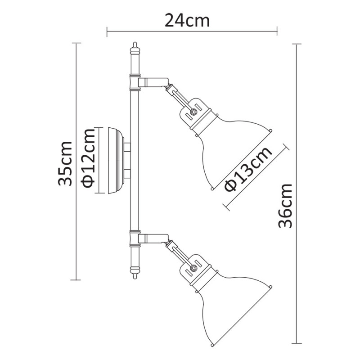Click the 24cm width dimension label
click(x=187, y=20)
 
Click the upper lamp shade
click(x=229, y=148)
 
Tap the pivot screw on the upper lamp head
click(x=193, y=111)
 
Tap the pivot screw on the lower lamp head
click(x=193, y=267)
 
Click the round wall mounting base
click(x=115, y=161)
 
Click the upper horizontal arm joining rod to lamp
click(x=152, y=82)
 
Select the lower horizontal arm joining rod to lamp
click(x=152, y=237)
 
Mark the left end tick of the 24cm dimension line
click(x=107, y=31)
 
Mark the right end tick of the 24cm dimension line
click(x=277, y=31)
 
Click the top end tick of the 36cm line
click(x=297, y=44)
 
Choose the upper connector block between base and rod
click(x=127, y=147)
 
